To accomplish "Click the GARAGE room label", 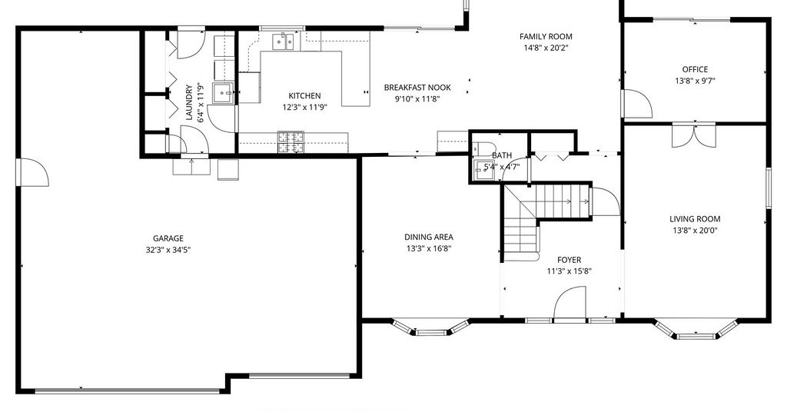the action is click(168, 238).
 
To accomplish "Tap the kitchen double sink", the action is click(284, 42).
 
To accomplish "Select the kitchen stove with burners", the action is click(291, 142).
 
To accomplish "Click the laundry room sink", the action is click(223, 93).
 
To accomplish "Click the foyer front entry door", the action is click(569, 303).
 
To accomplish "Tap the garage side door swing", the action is click(33, 172).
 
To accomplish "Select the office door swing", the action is click(637, 104).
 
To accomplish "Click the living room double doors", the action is click(694, 135).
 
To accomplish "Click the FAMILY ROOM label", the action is click(546, 36).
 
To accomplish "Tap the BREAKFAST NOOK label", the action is click(417, 88).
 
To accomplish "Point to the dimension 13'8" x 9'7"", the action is click(695, 80).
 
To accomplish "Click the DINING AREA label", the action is click(429, 237).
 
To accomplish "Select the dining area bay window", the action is click(430, 327).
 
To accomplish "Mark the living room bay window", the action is click(696, 329).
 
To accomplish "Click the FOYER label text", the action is click(569, 260).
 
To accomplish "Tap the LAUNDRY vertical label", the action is click(189, 103).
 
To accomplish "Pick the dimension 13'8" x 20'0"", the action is click(695, 231).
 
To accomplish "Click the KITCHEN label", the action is click(304, 95).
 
